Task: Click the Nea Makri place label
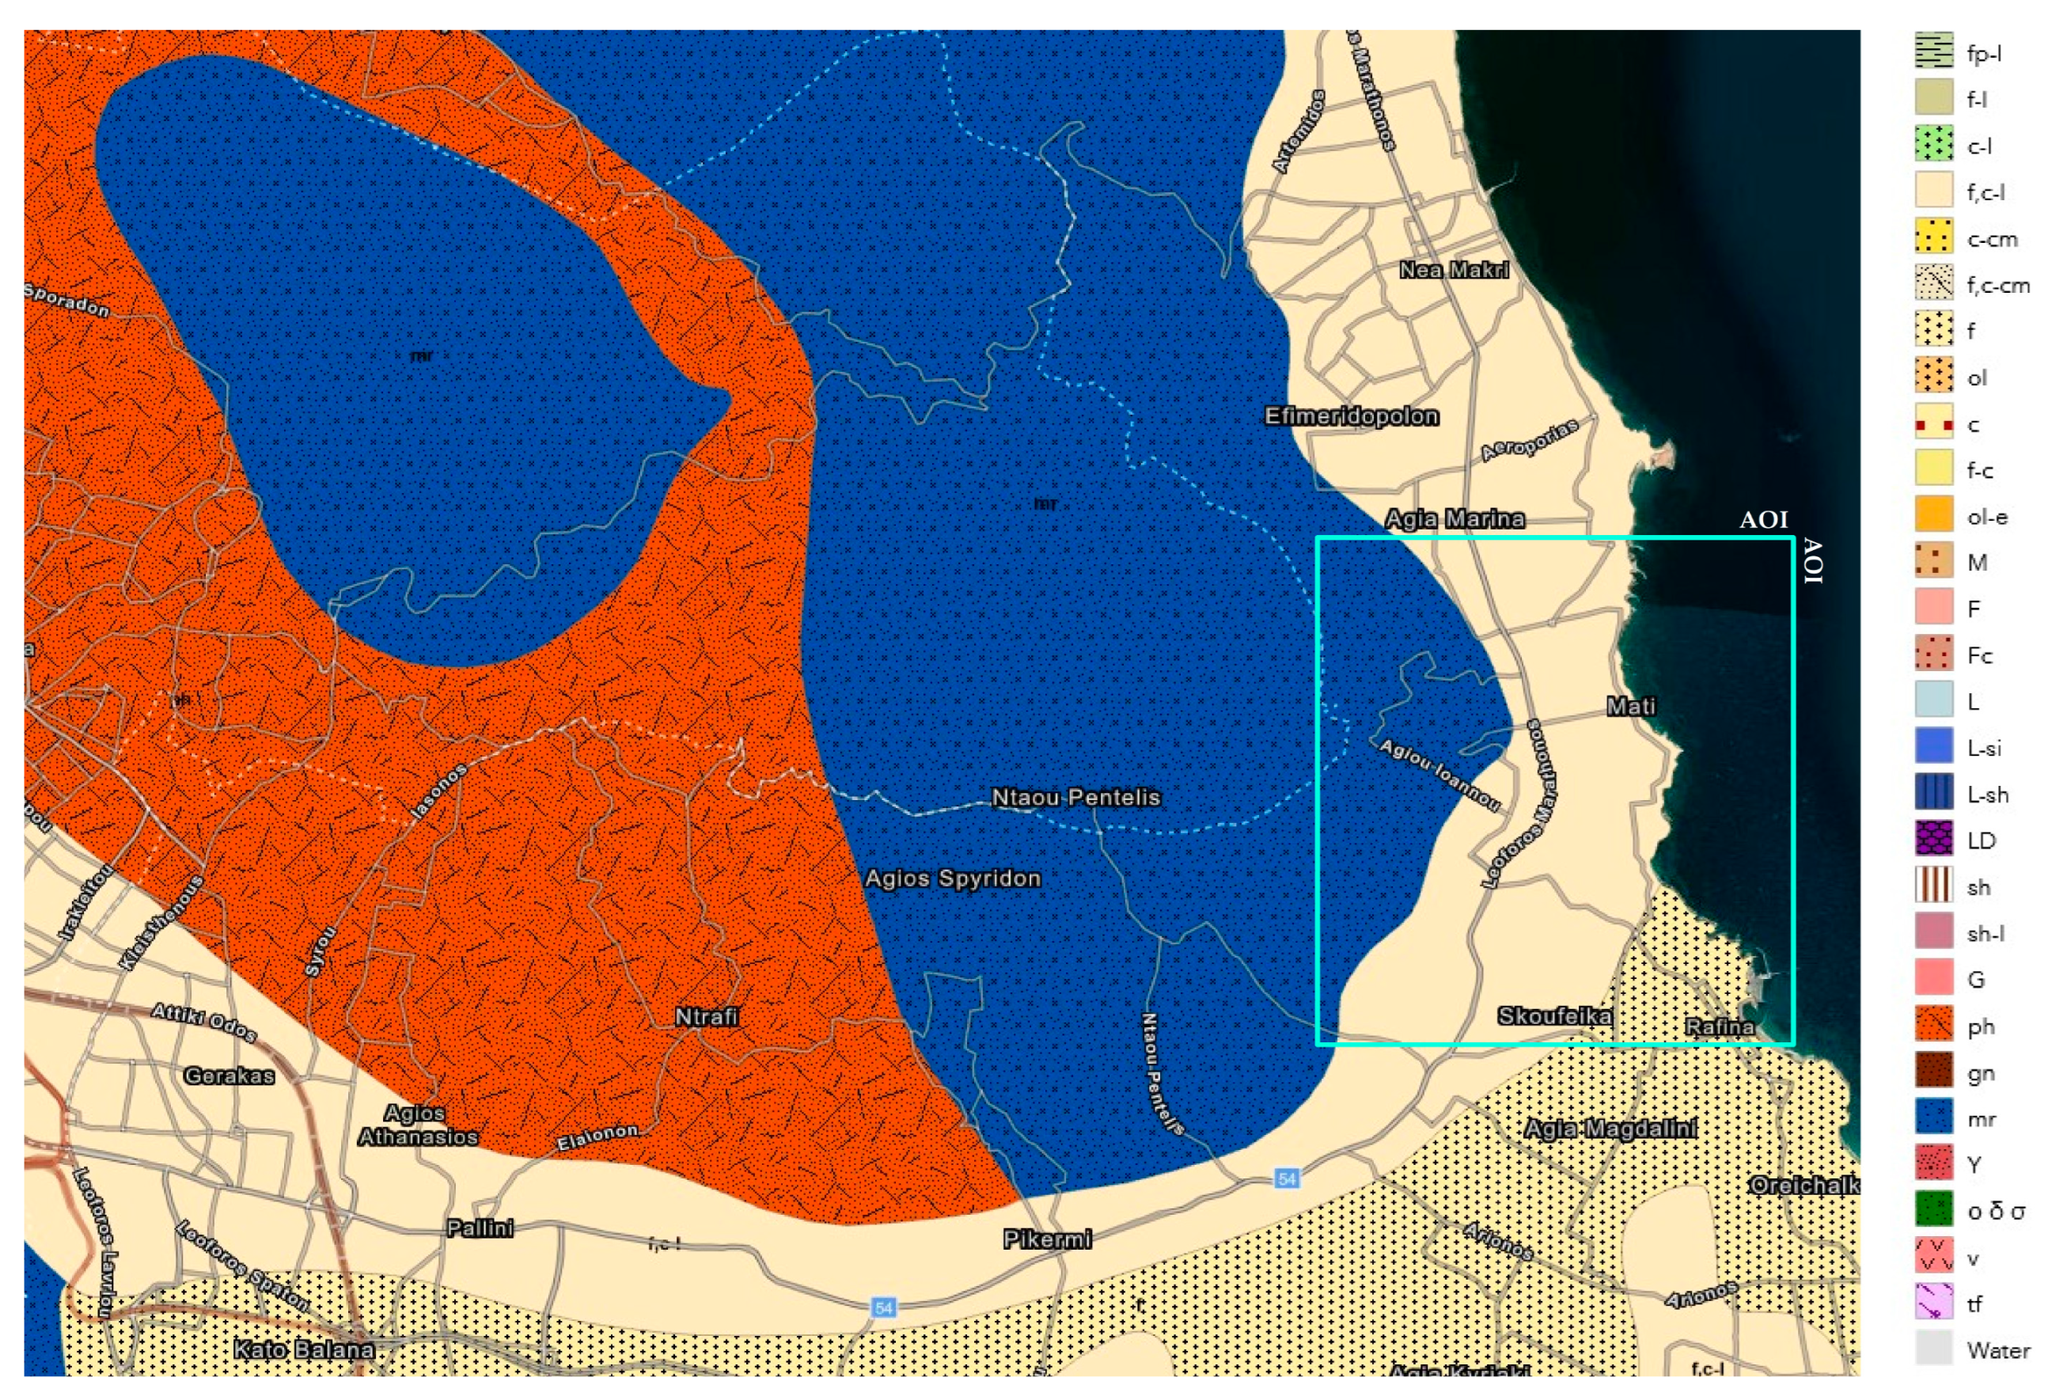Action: coord(1453,271)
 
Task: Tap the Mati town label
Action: coord(1630,707)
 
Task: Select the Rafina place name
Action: coord(1720,1027)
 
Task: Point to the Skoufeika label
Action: coord(1554,1017)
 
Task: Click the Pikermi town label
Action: coord(1047,1239)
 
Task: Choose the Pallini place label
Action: coord(480,1228)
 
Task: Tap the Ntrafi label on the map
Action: coord(706,1017)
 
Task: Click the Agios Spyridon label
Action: coord(953,878)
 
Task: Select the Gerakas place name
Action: coord(229,1076)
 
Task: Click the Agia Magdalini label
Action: coord(1611,1129)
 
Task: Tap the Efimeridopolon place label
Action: coord(1352,415)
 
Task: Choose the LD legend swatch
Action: coord(1933,838)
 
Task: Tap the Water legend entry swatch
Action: coord(1933,1347)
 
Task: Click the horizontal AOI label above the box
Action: coord(1762,520)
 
